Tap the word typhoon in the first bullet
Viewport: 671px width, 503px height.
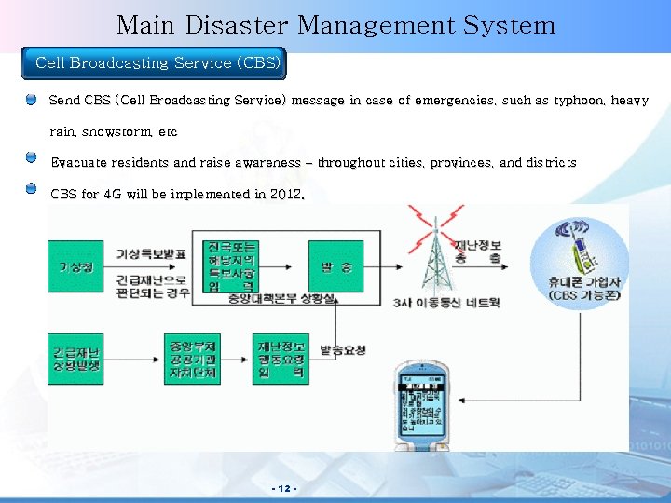tap(578, 100)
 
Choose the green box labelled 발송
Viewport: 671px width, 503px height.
tap(335, 266)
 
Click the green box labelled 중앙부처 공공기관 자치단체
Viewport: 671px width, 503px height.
tap(191, 359)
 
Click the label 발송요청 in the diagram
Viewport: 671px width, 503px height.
tap(343, 350)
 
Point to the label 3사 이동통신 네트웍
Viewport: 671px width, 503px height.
tap(446, 303)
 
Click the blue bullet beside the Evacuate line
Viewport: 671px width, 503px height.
tap(31, 158)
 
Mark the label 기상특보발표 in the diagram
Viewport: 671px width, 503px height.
tap(151, 253)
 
